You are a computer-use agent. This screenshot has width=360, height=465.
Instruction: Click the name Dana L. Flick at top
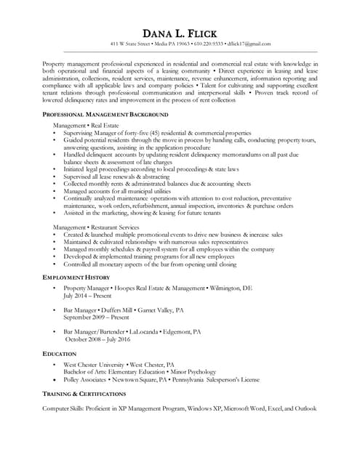click(x=180, y=33)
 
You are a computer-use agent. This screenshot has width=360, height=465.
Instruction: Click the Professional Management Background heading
click(x=105, y=115)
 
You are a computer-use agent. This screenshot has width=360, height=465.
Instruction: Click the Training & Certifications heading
click(x=89, y=393)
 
